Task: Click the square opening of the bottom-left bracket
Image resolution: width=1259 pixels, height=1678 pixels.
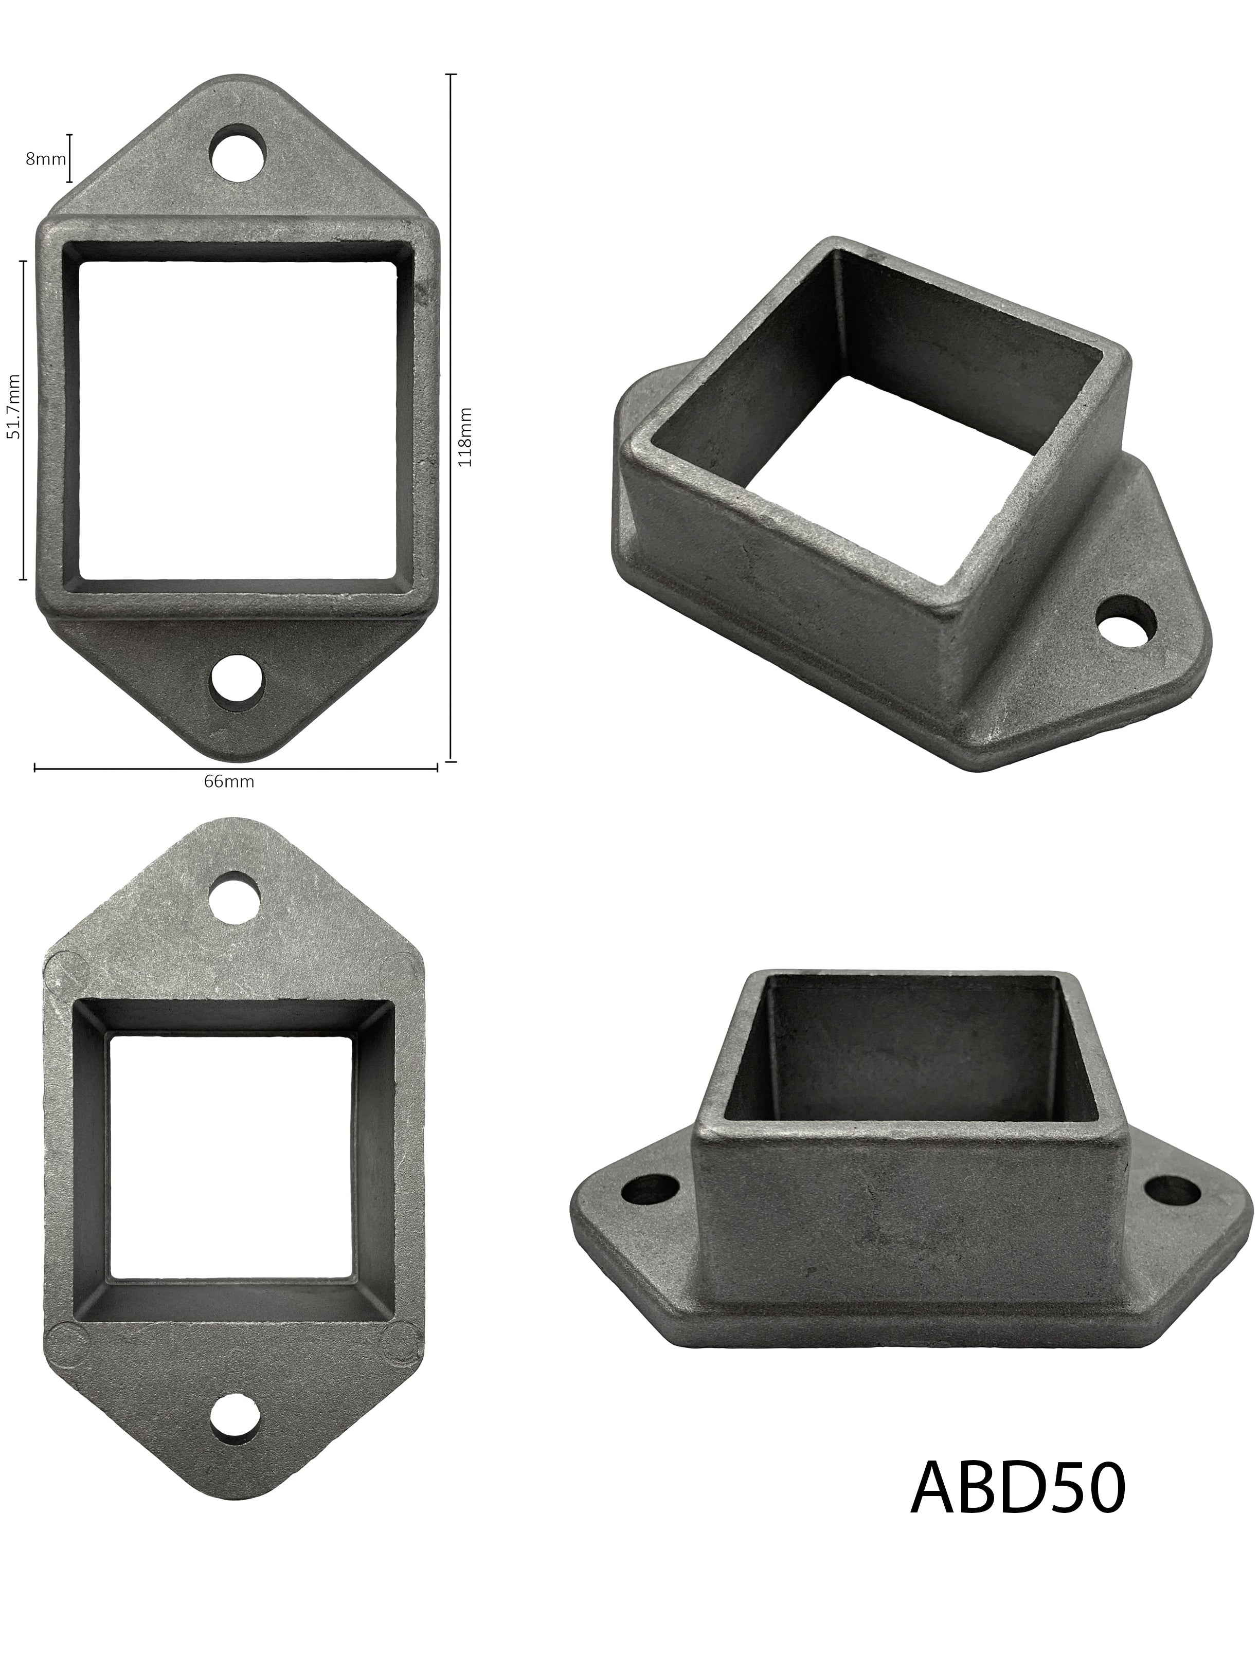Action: coord(231,1159)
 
